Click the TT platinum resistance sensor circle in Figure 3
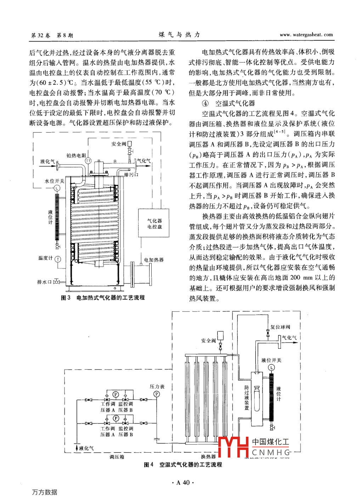[88, 161]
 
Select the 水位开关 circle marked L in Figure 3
[57, 188]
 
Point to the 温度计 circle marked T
[58, 259]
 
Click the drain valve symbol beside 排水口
[56, 282]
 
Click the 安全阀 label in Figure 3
[118, 144]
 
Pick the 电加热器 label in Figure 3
[154, 260]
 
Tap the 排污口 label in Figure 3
[131, 175]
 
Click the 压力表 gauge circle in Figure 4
[156, 394]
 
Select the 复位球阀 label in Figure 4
[280, 327]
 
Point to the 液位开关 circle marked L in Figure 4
[271, 368]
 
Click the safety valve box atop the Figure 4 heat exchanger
[220, 335]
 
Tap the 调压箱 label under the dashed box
[117, 457]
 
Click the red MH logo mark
[234, 447]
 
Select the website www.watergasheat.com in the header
[306, 35]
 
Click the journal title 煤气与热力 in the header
[179, 34]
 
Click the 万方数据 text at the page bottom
[45, 492]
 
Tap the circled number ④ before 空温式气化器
[205, 103]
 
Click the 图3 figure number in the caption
[66, 298]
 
